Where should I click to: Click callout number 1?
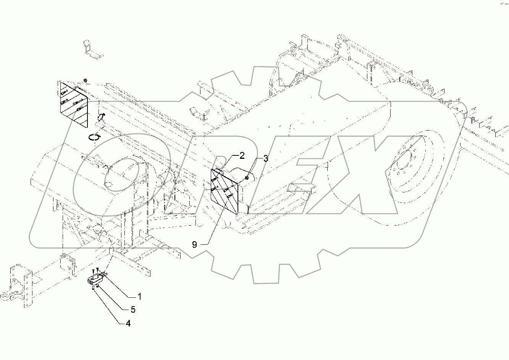tap(139, 296)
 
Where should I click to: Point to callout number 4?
tap(128, 323)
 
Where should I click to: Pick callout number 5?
tap(133, 309)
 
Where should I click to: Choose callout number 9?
tap(194, 245)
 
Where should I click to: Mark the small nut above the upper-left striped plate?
tap(85, 81)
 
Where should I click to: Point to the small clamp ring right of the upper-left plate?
tap(102, 116)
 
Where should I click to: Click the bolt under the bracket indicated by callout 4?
tap(94, 289)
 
